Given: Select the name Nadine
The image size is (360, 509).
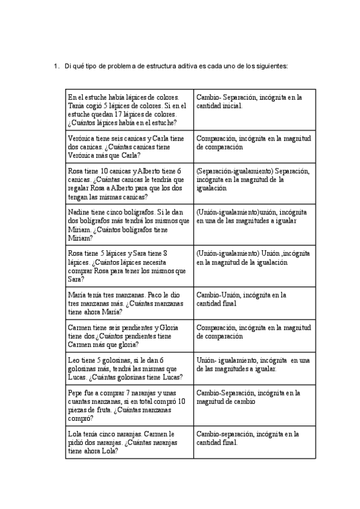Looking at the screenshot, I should (x=79, y=212).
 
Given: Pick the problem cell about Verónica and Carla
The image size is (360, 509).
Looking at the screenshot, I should (x=129, y=146).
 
